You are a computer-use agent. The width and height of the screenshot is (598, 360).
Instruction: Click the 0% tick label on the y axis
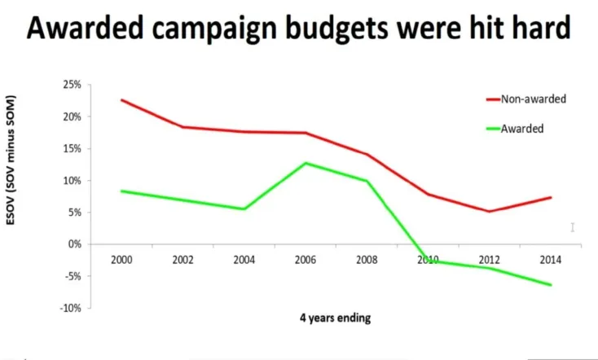pyautogui.click(x=74, y=244)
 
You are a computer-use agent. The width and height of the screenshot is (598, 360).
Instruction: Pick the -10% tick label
pyautogui.click(x=71, y=308)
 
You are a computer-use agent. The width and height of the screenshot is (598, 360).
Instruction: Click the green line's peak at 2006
pyautogui.click(x=306, y=163)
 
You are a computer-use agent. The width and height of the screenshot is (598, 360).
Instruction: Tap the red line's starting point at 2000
pyautogui.click(x=121, y=100)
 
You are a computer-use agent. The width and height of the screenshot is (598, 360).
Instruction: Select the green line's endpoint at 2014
pyautogui.click(x=551, y=285)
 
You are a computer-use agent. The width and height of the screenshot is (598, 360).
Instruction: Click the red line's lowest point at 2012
pyautogui.click(x=489, y=212)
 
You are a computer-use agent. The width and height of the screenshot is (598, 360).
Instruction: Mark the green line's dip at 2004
pyautogui.click(x=244, y=209)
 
